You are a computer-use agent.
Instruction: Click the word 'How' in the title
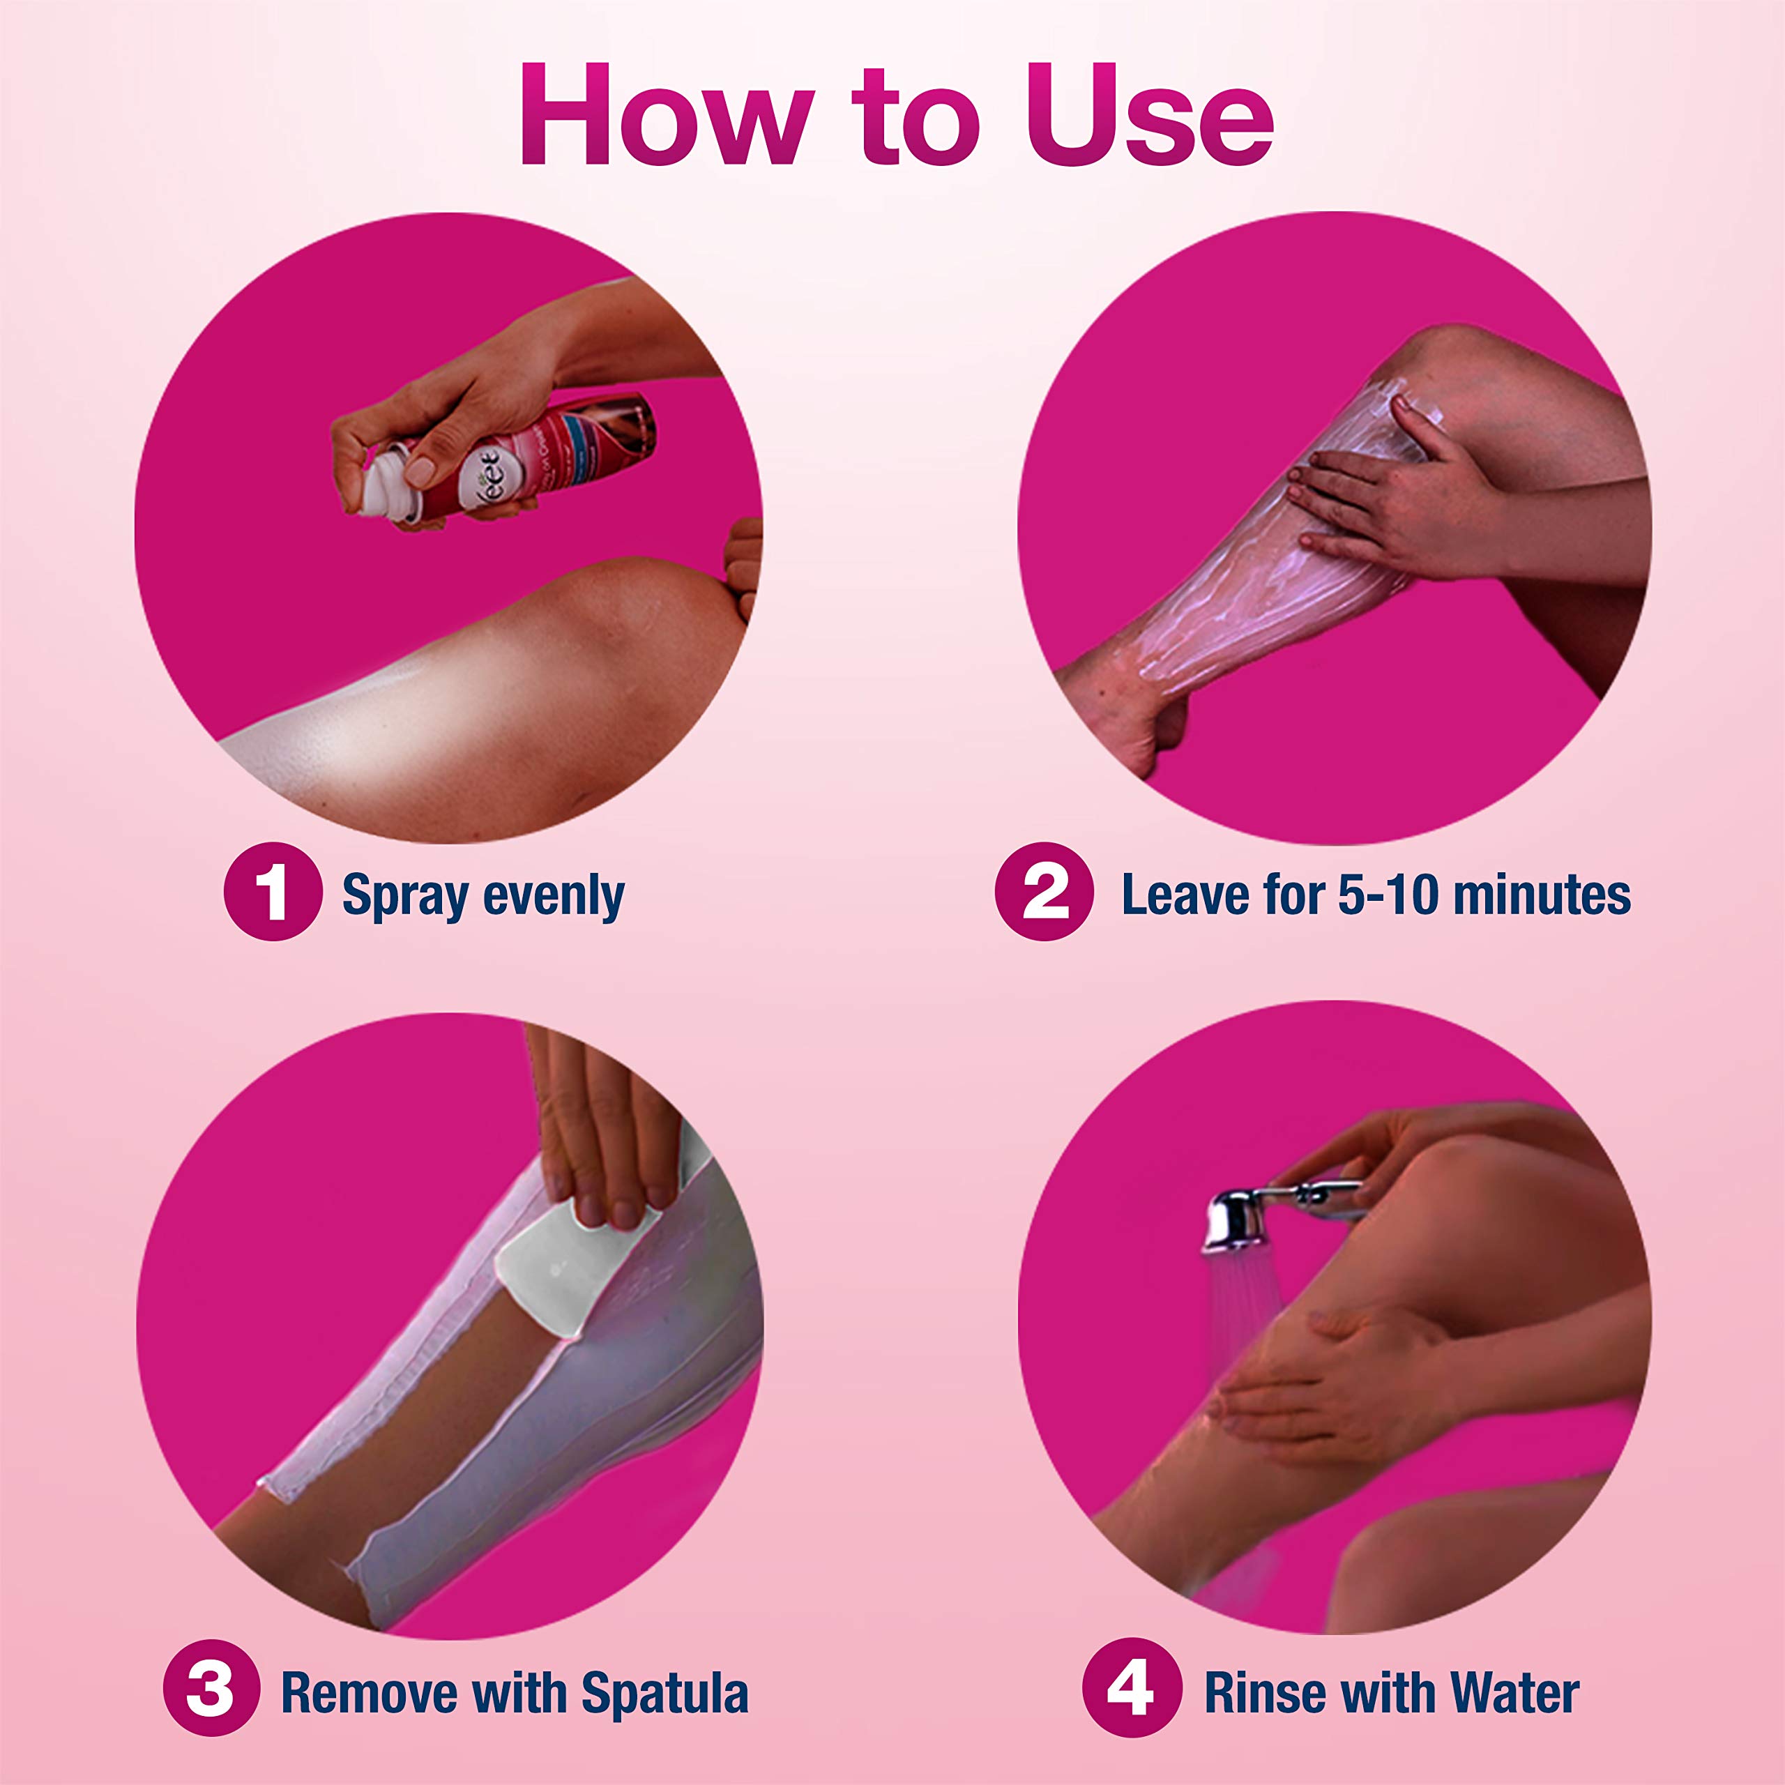point(665,116)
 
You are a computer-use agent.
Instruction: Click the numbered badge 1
point(273,892)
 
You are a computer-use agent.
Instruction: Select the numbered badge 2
point(1044,892)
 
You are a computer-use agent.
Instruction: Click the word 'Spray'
point(404,896)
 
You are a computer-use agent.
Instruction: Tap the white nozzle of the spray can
point(383,480)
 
